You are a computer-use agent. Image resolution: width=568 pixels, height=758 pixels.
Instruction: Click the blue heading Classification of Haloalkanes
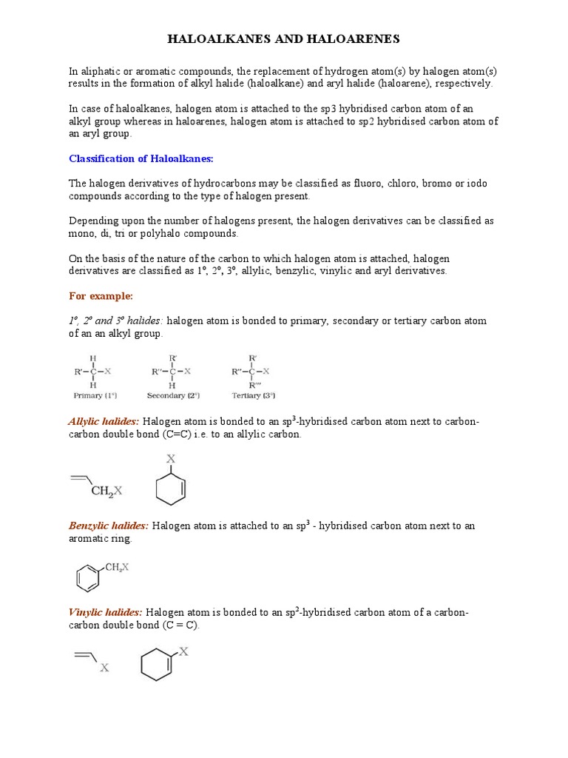(x=141, y=158)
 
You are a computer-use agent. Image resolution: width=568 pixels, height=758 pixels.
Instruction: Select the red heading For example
(x=101, y=296)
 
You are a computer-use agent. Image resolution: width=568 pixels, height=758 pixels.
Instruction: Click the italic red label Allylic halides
(x=104, y=422)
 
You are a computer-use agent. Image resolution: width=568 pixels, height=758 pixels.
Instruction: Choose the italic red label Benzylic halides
(x=109, y=526)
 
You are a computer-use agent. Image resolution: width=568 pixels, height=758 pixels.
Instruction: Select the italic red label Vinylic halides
(x=106, y=613)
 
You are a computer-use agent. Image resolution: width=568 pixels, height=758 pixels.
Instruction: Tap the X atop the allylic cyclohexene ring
(x=171, y=459)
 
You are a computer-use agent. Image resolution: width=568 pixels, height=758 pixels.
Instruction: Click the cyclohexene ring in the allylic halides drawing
(x=171, y=489)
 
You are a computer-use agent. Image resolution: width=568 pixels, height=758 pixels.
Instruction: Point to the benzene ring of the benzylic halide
(x=88, y=577)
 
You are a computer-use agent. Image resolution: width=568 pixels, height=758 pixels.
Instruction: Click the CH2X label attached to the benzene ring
(x=117, y=567)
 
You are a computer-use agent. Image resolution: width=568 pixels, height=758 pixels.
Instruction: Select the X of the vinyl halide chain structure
(x=104, y=668)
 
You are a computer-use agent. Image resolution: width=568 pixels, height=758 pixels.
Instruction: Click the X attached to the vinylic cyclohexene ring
(x=183, y=652)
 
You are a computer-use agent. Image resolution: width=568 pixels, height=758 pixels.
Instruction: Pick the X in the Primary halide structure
(x=108, y=372)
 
